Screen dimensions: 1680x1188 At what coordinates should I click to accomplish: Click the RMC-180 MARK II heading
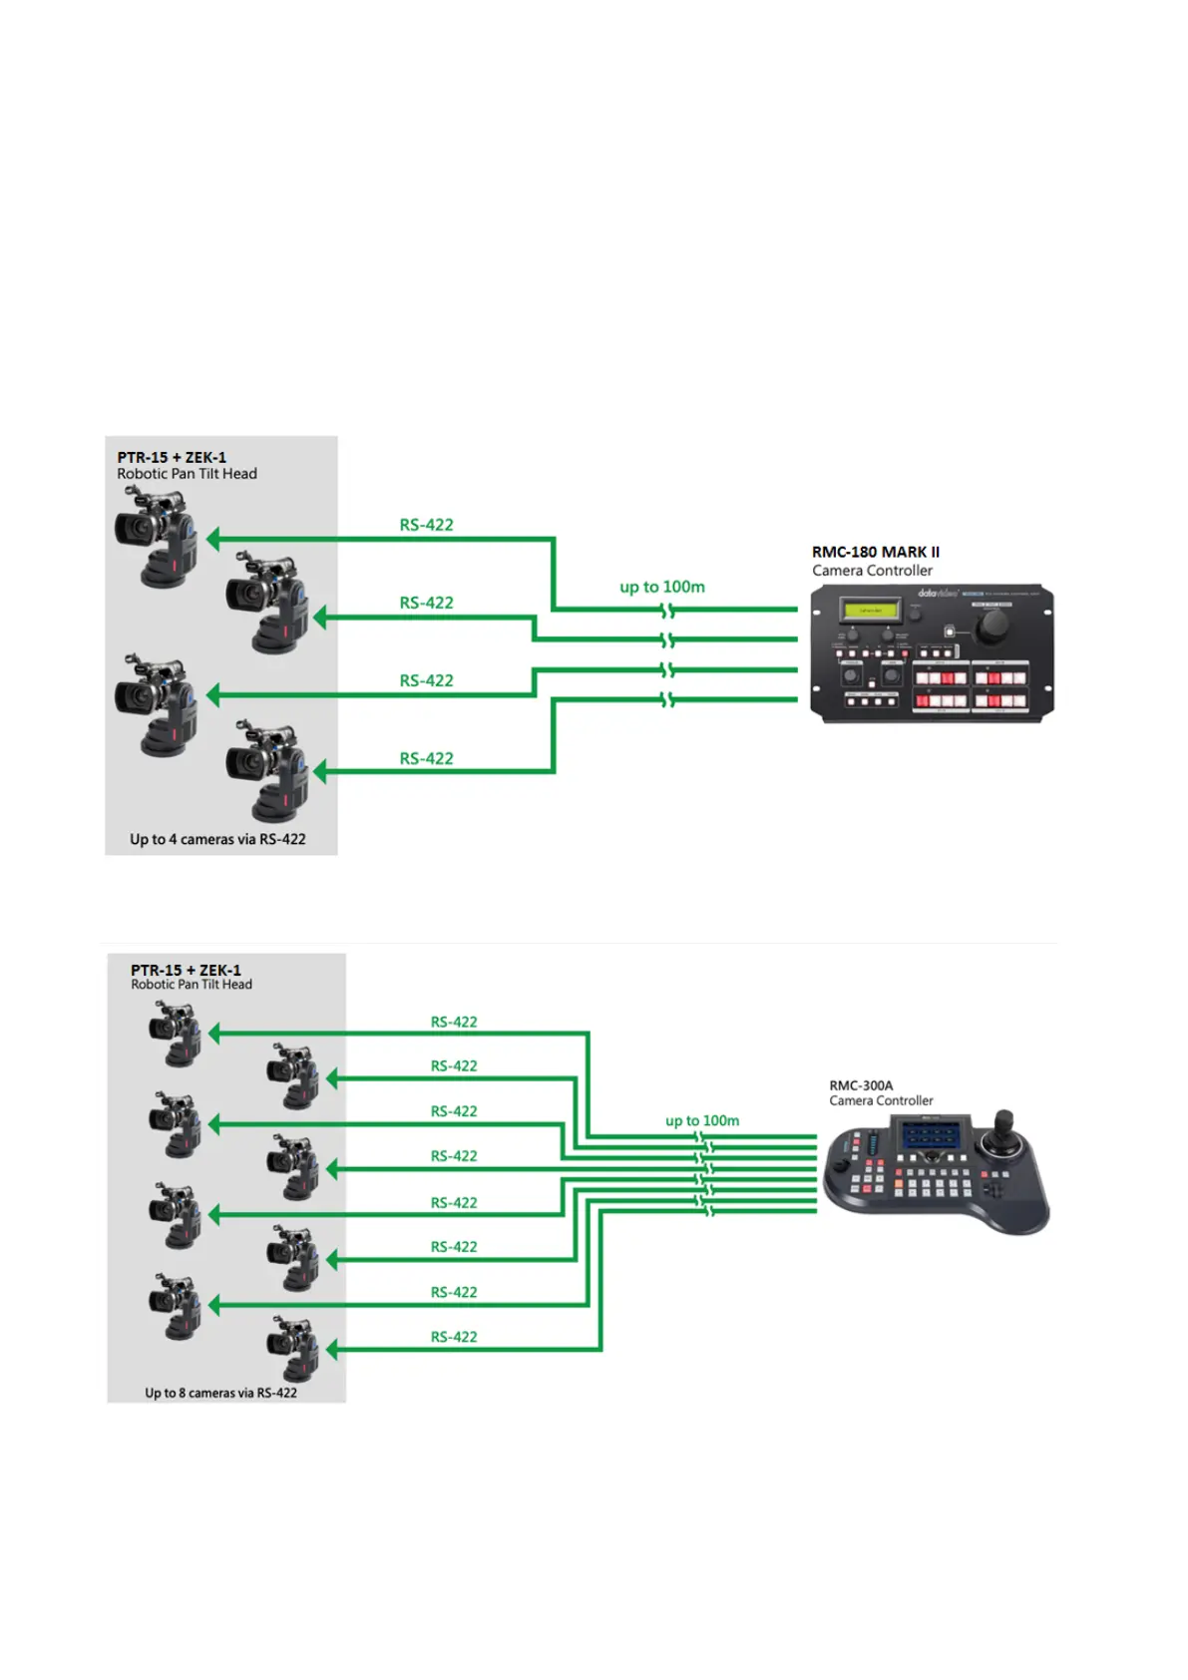click(875, 552)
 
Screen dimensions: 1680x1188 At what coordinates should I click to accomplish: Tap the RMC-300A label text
click(861, 1085)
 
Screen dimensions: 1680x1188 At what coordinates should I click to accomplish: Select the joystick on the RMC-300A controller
click(1003, 1128)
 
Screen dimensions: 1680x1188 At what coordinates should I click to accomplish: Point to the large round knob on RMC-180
click(991, 627)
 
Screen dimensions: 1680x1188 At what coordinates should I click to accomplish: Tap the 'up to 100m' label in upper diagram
click(662, 587)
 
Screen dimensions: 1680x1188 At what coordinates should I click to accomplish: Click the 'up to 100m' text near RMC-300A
click(702, 1120)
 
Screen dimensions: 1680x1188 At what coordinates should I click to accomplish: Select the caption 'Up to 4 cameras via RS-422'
click(217, 839)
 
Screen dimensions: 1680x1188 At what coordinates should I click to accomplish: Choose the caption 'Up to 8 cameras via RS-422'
click(220, 1393)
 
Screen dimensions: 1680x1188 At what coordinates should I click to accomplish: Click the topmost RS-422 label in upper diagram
click(426, 525)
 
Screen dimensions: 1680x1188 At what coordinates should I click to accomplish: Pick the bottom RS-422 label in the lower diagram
click(454, 1337)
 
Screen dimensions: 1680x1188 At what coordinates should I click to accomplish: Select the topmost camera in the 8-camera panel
click(176, 1034)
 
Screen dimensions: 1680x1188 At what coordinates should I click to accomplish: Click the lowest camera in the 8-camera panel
click(293, 1348)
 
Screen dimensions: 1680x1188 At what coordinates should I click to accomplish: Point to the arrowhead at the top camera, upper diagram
click(212, 539)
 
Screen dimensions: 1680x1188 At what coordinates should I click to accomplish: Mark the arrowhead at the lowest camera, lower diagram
click(332, 1351)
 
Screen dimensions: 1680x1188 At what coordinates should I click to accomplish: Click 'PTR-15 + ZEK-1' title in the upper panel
click(172, 458)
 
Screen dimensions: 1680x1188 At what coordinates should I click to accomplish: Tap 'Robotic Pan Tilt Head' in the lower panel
click(192, 985)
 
